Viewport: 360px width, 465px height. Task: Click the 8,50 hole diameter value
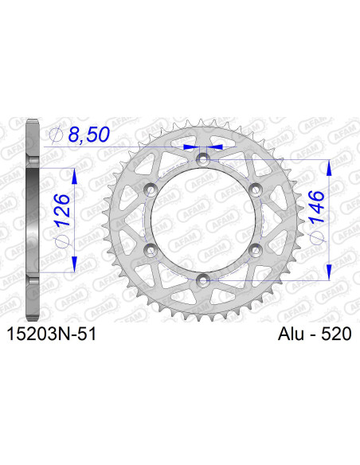[86, 137]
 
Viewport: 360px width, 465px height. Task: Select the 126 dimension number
[66, 209]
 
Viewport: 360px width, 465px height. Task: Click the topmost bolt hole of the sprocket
[203, 159]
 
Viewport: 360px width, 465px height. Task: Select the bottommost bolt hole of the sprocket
[203, 279]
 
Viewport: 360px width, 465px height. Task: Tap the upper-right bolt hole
[255, 189]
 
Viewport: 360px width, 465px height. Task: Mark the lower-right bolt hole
[255, 249]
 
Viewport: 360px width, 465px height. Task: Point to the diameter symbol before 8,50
[56, 137]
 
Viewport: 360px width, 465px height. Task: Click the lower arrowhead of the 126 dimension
[73, 264]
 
